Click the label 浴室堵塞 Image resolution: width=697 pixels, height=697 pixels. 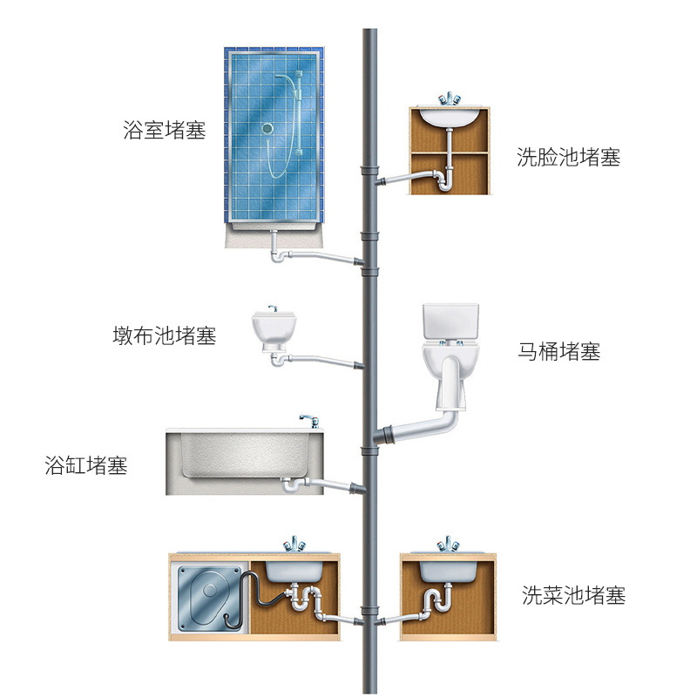click(x=165, y=132)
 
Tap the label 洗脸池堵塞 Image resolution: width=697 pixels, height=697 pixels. click(x=568, y=158)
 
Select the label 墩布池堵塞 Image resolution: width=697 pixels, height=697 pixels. click(x=165, y=335)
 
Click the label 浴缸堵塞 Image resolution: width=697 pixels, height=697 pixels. click(x=86, y=465)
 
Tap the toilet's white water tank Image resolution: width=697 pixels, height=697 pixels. click(x=450, y=321)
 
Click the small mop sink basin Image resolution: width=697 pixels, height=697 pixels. click(x=272, y=328)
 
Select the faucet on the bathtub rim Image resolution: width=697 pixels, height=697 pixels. click(x=307, y=421)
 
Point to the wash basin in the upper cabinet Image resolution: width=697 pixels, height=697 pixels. click(x=448, y=116)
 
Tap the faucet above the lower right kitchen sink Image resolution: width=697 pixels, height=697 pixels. click(x=449, y=545)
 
